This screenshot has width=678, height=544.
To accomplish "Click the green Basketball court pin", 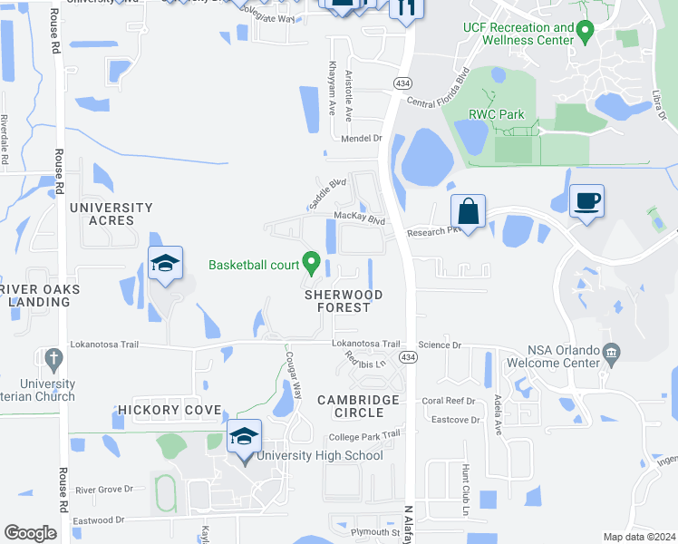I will pos(312,265).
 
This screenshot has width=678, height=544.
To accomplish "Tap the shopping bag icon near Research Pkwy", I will pos(468,212).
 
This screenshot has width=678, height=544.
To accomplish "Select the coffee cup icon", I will pos(586,199).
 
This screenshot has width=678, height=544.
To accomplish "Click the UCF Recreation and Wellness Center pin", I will pos(586,34).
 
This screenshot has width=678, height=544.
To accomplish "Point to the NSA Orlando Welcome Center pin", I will pos(613,352).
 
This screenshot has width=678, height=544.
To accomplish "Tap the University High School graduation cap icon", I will pos(244,436).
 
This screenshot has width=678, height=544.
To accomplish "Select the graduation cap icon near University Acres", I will pos(166,264).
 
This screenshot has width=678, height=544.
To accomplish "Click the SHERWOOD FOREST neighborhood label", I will pos(344,301).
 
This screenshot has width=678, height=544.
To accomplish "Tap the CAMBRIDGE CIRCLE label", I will pos(358,406).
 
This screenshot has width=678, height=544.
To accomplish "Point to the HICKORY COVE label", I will pos(169,411).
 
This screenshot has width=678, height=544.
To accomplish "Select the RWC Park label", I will pos(497,115).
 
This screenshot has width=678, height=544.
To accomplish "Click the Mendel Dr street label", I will pos(362,139).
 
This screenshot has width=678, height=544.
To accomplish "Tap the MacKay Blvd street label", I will pos(360,219).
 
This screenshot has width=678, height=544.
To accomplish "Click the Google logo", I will pos(30,532).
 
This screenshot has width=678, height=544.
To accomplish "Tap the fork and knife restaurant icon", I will pos(406,8).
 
